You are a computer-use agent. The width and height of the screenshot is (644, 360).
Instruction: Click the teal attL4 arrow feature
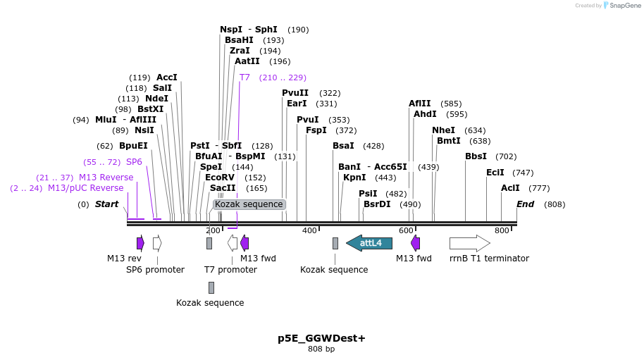tap(369, 243)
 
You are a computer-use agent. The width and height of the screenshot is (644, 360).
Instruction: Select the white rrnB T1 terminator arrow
tap(469, 243)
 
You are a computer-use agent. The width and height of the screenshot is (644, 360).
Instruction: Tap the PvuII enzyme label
tap(295, 93)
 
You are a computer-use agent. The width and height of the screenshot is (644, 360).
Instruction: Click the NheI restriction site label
tap(443, 130)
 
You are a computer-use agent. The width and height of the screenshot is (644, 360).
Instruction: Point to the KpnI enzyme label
tap(354, 178)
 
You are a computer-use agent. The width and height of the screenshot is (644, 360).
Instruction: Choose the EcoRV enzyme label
tap(220, 178)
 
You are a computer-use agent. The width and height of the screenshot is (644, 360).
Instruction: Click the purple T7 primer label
tap(244, 77)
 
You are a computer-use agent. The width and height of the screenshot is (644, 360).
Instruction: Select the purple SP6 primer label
tap(134, 162)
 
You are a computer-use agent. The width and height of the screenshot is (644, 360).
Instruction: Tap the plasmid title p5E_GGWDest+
tap(321, 338)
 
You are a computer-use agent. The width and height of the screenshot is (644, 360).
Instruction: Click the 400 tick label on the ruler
tap(309, 230)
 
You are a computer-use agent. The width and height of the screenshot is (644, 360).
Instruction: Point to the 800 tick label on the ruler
tap(502, 230)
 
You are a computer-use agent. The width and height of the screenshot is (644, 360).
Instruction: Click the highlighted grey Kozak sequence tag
tap(249, 204)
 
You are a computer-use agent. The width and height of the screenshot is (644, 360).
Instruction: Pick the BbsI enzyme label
tap(476, 156)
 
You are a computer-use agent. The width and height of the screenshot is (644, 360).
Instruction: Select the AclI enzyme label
tap(510, 188)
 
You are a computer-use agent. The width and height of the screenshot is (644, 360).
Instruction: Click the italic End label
tap(526, 204)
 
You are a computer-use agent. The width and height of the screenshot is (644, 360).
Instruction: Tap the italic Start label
tap(107, 204)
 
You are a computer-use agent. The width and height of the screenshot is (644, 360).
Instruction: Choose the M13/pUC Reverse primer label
tap(85, 188)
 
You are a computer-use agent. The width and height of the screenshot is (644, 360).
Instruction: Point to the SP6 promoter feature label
tap(155, 269)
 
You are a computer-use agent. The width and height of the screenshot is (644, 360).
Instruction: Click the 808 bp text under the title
tap(321, 349)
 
